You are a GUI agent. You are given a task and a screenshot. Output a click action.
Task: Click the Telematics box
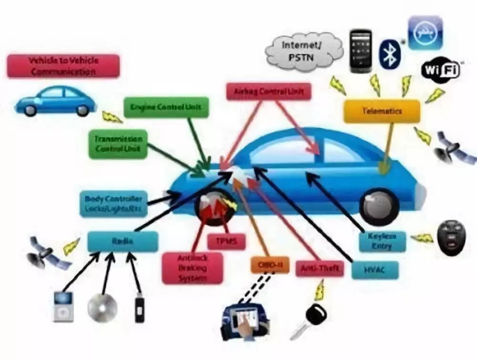coord(382,111)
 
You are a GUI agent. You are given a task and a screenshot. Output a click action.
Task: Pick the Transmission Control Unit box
coord(118,144)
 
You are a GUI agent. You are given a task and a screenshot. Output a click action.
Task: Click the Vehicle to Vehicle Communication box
coord(63,66)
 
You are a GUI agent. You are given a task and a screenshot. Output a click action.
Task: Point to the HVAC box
coord(374,270)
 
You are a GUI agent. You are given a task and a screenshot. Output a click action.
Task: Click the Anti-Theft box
coord(319,269)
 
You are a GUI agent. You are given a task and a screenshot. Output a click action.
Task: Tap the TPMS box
coord(226,241)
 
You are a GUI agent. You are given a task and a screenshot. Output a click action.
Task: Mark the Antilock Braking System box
coord(192,268)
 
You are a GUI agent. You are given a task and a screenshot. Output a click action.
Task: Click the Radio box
coord(123,242)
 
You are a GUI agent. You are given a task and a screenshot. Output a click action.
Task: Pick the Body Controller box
coord(113,203)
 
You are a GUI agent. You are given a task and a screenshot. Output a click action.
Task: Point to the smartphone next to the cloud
coord(361,51)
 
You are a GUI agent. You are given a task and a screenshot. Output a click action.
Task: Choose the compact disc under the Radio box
coord(102,307)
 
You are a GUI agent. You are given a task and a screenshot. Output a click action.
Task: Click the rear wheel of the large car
coord(379,207)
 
